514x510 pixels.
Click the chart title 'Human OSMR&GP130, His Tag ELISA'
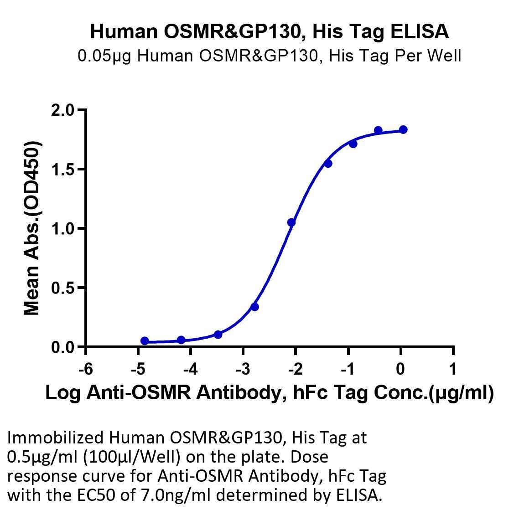(270, 32)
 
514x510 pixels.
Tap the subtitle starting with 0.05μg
(270, 56)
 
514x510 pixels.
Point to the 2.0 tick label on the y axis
(63, 110)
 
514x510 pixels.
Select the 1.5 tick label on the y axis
(63, 170)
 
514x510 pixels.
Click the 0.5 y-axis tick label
(63, 288)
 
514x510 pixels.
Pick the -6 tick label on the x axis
(86, 369)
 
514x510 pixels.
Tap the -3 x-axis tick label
(243, 369)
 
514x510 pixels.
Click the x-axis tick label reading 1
(453, 369)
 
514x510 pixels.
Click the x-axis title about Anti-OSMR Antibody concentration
(270, 393)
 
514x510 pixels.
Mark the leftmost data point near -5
(145, 341)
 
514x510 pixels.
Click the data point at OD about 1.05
(291, 222)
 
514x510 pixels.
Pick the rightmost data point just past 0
(403, 130)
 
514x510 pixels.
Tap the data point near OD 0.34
(254, 307)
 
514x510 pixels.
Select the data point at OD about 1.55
(328, 163)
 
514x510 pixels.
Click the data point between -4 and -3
(218, 335)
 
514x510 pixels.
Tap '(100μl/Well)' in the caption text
(132, 457)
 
